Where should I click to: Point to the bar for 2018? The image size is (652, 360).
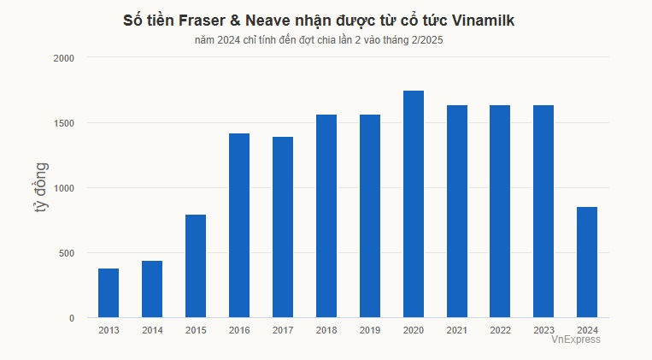(326, 216)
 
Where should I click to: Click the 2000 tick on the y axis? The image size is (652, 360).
(64, 58)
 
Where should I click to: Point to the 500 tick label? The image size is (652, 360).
(67, 253)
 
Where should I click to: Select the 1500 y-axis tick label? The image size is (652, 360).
(64, 123)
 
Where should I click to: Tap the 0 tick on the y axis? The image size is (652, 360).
(71, 318)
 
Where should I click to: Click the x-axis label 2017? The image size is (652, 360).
(283, 330)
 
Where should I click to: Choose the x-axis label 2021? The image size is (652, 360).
(456, 330)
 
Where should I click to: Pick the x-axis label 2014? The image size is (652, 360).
(152, 330)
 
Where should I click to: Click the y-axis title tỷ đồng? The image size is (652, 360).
(42, 188)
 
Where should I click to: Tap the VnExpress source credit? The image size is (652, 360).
(575, 339)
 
